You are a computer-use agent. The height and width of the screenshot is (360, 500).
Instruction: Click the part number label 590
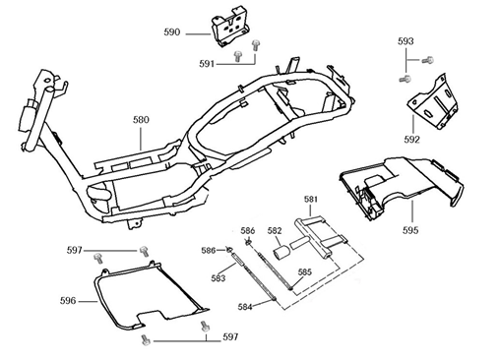(x=171, y=32)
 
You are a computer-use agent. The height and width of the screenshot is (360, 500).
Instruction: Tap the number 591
(x=207, y=62)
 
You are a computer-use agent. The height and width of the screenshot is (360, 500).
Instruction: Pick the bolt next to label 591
(x=256, y=45)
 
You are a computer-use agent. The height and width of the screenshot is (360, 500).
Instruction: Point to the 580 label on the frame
(x=142, y=120)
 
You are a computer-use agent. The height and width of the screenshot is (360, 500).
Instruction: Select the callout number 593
(x=406, y=41)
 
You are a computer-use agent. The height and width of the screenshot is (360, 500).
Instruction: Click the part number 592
(x=411, y=139)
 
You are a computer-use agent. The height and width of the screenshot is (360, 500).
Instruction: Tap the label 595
(x=409, y=230)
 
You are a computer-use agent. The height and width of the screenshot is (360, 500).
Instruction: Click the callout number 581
(x=311, y=199)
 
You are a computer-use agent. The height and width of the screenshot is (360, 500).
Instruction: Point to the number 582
(x=275, y=231)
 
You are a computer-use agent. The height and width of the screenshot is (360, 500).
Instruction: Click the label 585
(x=305, y=271)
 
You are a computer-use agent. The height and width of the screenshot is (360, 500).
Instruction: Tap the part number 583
(x=219, y=279)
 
